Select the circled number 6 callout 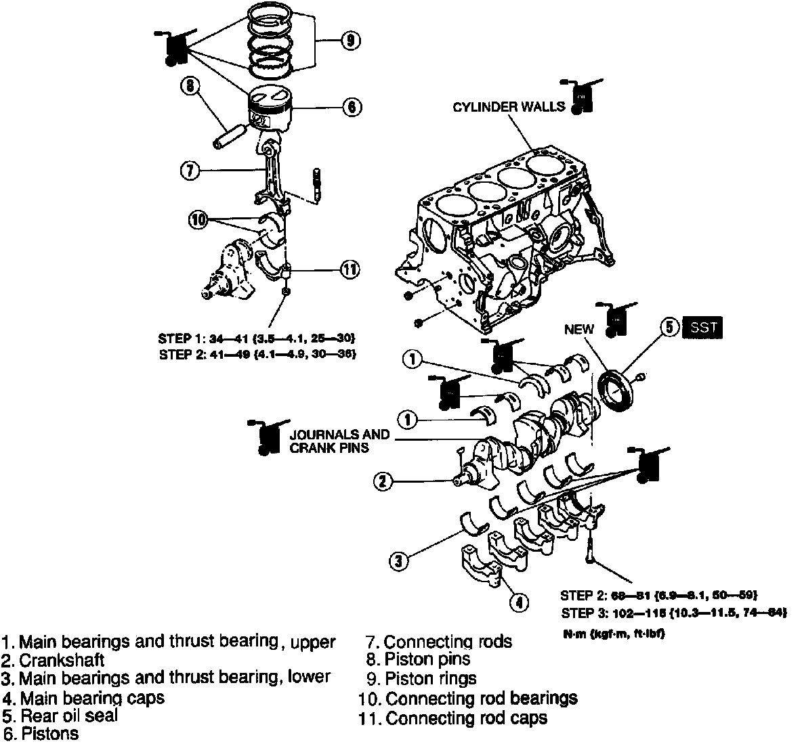[x=352, y=107]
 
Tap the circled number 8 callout [x=190, y=85]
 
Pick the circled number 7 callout [x=190, y=171]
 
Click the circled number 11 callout [x=350, y=269]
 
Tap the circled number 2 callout [x=382, y=481]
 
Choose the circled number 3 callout [x=399, y=560]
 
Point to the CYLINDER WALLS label [x=508, y=107]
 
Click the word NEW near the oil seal [x=579, y=330]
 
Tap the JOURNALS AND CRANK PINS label [x=339, y=441]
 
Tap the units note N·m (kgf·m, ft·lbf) [x=611, y=636]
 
